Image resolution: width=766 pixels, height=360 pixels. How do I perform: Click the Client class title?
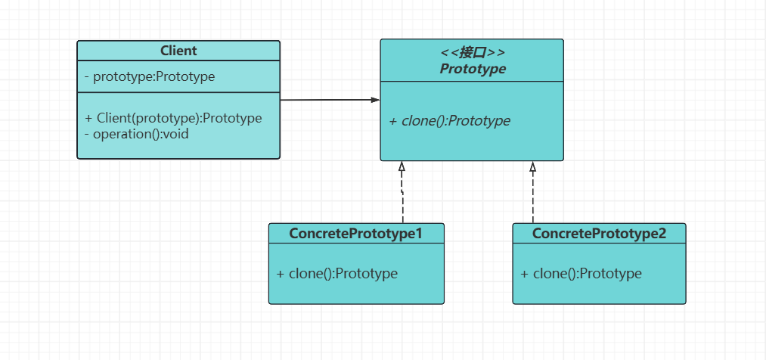tap(178, 51)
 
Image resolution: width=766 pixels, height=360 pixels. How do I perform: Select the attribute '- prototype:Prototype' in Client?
tap(150, 76)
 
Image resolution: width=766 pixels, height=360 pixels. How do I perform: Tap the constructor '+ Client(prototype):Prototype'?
tap(173, 118)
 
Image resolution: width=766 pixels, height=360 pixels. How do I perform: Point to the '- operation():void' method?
tap(137, 134)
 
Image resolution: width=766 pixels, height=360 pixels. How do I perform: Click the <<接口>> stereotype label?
tap(473, 53)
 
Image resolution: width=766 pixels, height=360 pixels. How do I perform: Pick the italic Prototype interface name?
tap(473, 69)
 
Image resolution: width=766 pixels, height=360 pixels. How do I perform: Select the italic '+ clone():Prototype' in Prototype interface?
tap(449, 121)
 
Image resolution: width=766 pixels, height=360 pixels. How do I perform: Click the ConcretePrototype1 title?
tap(355, 234)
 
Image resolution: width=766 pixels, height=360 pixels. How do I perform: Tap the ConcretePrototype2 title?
tap(599, 234)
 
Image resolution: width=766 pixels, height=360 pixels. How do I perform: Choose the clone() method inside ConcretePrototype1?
tap(337, 274)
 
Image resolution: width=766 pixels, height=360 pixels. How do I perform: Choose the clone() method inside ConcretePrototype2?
tap(581, 274)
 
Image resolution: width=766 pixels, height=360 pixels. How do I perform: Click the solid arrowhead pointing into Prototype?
tap(375, 100)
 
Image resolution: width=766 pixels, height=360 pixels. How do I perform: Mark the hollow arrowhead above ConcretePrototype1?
tap(402, 166)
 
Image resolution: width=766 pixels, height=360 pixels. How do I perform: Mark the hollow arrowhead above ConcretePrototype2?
tap(533, 166)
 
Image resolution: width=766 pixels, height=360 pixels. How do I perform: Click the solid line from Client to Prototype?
tap(330, 100)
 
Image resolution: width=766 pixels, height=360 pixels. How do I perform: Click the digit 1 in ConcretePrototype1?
tap(418, 234)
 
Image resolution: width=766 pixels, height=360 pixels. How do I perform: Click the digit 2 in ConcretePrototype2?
tap(662, 234)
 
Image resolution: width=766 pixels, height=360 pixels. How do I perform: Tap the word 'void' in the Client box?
tap(176, 134)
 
